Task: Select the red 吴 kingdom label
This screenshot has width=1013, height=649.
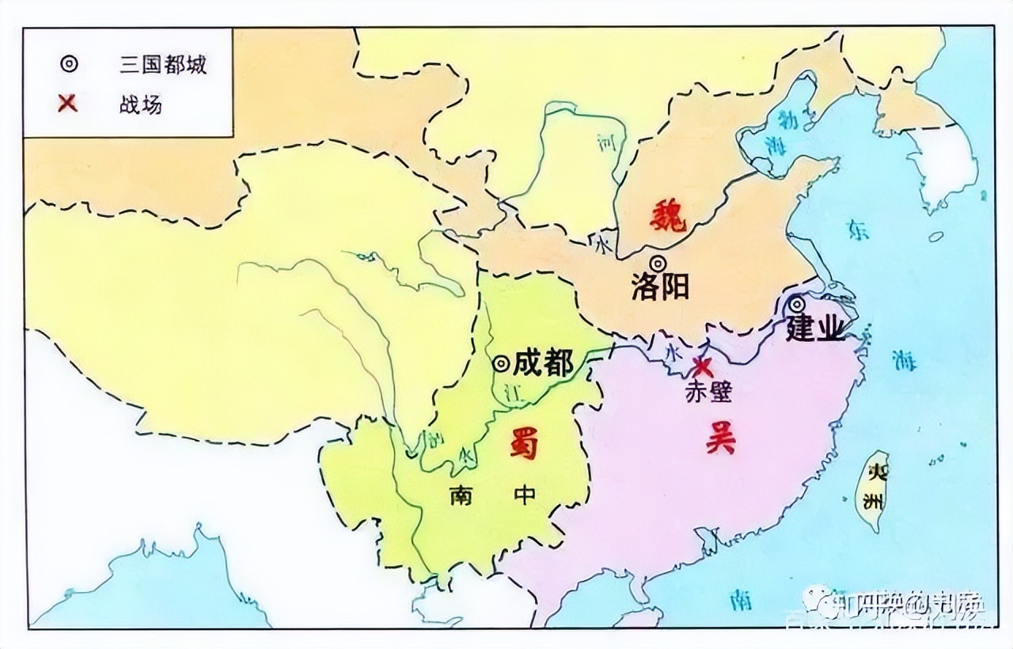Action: pos(720,438)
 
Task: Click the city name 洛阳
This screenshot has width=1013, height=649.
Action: pos(660,287)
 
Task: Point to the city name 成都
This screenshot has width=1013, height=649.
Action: pos(543,363)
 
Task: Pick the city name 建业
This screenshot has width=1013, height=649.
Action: pos(816,329)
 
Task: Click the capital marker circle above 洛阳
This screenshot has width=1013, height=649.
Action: pos(658,264)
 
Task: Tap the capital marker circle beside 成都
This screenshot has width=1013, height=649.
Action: pos(501,363)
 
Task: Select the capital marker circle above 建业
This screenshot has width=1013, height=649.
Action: pos(797,304)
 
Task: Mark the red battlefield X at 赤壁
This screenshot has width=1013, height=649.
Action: pos(702,366)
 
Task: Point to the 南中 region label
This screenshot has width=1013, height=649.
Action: pos(493,495)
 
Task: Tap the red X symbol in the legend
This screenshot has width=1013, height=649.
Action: pos(68,103)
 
